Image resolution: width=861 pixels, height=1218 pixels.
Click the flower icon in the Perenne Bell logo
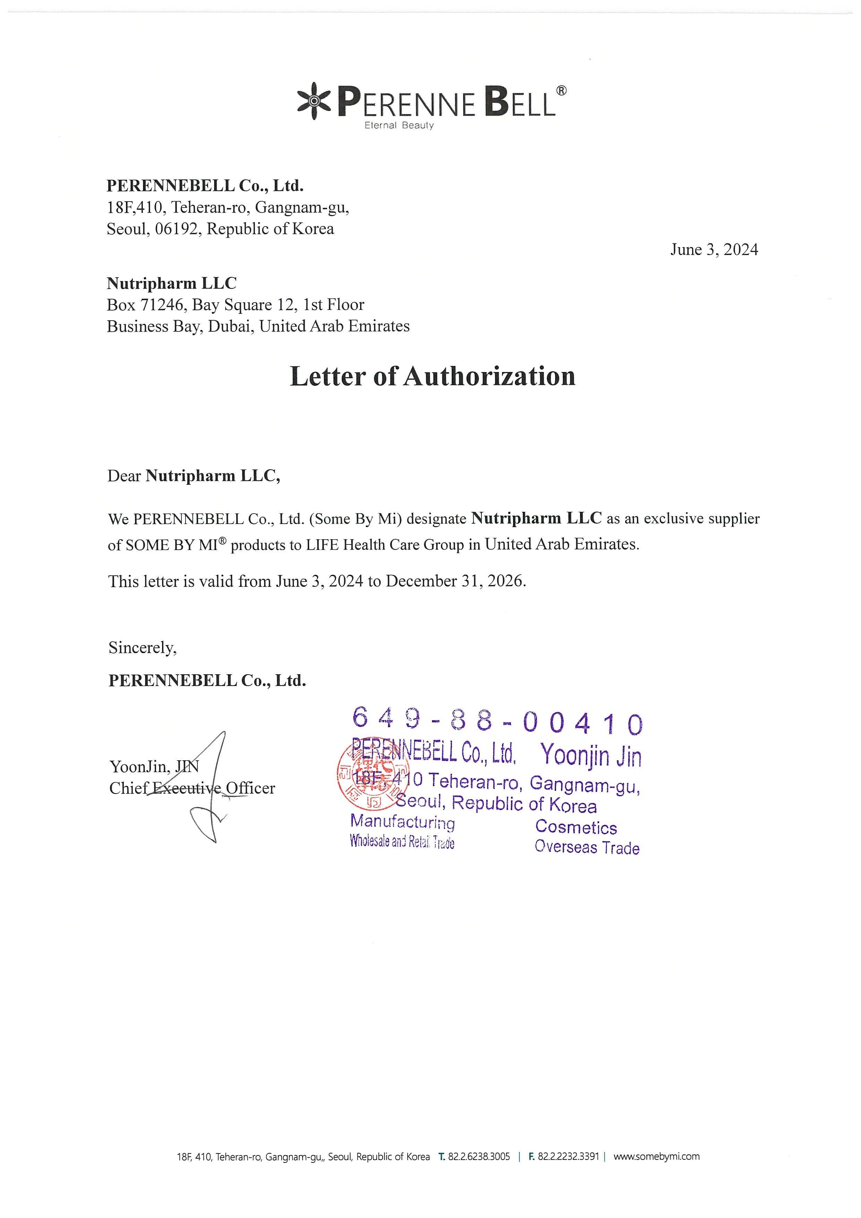313,101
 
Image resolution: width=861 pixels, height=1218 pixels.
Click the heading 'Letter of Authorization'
432,376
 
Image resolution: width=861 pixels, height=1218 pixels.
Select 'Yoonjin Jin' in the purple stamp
591,755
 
